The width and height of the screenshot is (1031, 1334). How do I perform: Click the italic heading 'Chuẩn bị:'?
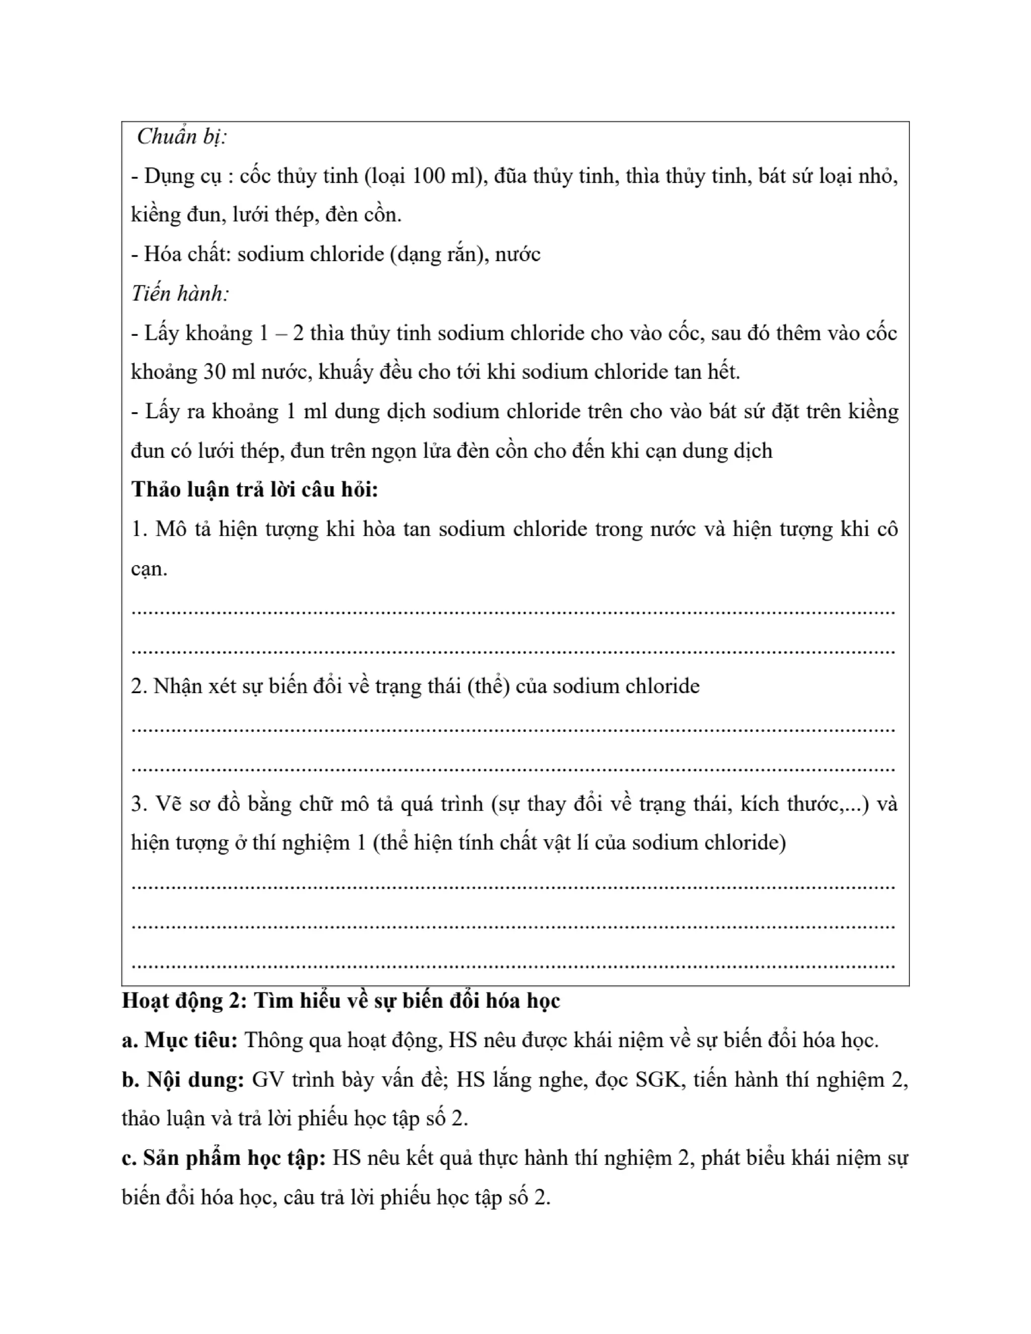[181, 137]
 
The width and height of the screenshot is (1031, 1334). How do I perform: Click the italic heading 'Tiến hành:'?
[180, 294]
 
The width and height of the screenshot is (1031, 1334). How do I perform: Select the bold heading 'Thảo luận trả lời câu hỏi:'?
[255, 490]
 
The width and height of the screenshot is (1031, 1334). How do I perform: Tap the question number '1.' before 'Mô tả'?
[139, 529]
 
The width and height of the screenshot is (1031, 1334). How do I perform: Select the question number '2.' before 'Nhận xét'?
[139, 686]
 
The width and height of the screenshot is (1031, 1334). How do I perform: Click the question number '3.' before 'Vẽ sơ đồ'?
[139, 804]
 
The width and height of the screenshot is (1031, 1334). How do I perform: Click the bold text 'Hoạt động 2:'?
[183, 1001]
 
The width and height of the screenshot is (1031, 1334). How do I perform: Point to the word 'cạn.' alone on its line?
[149, 569]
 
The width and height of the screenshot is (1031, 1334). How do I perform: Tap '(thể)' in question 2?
[489, 686]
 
